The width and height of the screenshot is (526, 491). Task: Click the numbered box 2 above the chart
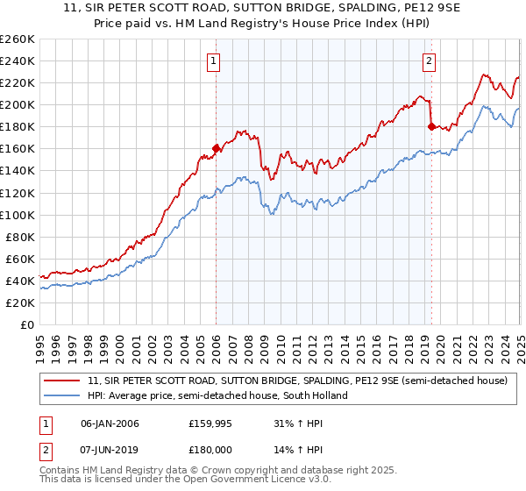click(430, 60)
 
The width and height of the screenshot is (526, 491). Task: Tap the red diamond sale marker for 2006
click(216, 148)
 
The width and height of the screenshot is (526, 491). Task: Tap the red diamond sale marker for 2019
click(430, 126)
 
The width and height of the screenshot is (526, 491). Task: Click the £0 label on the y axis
click(27, 324)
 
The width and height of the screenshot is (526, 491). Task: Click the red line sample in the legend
click(61, 381)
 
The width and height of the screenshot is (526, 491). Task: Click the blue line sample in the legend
click(61, 395)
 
